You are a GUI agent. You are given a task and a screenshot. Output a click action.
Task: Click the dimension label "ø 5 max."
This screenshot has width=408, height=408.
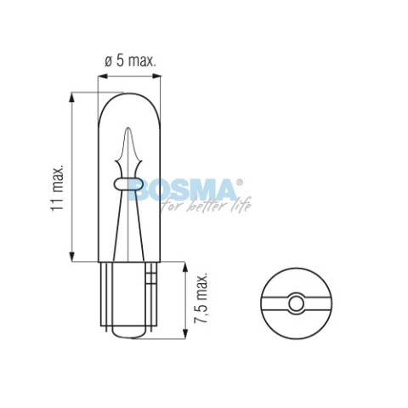(x=130, y=60)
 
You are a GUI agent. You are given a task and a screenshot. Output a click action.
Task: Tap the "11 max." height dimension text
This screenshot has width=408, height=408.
(x=57, y=188)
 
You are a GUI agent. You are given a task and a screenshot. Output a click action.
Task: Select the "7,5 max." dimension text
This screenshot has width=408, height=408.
(x=201, y=297)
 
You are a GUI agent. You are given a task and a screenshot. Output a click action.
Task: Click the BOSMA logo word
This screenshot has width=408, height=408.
(x=182, y=190)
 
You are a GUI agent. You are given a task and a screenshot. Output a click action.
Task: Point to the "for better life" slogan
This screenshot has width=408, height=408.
(x=206, y=204)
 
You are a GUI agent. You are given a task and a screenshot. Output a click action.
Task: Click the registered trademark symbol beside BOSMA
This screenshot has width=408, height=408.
(x=240, y=182)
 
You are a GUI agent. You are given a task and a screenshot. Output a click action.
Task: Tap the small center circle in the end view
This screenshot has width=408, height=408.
(x=296, y=303)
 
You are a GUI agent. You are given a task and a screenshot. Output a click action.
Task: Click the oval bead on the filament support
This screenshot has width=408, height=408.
(x=127, y=184)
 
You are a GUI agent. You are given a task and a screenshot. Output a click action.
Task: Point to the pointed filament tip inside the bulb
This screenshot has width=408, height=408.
(x=127, y=129)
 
